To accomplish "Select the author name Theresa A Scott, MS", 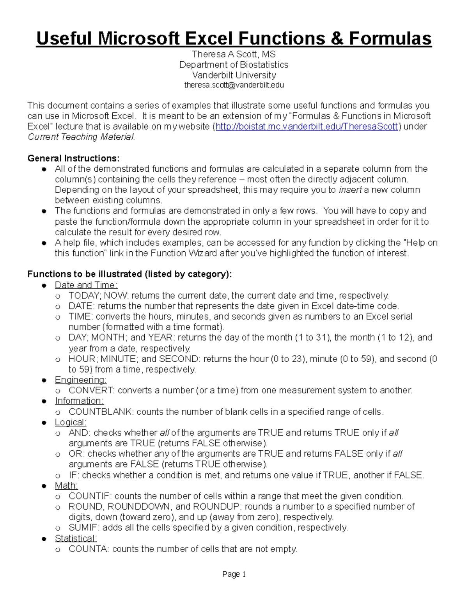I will [x=234, y=54].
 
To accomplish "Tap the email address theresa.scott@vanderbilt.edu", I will [x=234, y=85].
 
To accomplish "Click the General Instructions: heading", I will [x=73, y=158].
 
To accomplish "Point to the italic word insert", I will [x=350, y=190].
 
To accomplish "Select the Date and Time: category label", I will [x=86, y=285].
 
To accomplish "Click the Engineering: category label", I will [x=80, y=380].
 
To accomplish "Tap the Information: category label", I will [x=79, y=401].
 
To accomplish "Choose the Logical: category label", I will [x=71, y=422].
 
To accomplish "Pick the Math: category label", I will [x=66, y=485].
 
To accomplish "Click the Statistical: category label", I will [x=76, y=538].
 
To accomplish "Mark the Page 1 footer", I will [x=234, y=574].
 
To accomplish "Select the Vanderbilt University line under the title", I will [x=234, y=75].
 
